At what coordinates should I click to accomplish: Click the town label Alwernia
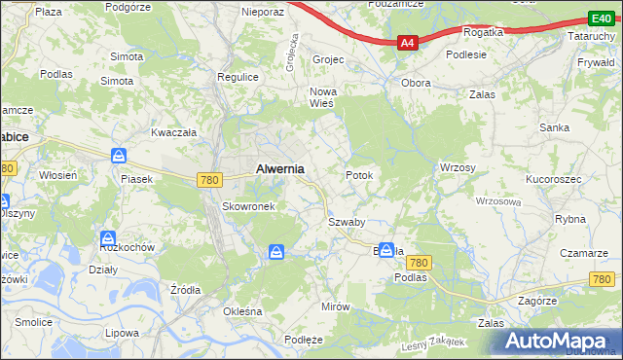point(279,168)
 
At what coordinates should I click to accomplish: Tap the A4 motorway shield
point(408,43)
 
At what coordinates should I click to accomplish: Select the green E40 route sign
point(600,18)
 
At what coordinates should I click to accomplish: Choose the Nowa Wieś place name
point(322,97)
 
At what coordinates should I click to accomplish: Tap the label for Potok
point(359,175)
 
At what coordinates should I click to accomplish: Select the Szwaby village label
point(346,222)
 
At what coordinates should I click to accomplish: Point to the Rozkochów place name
point(128,247)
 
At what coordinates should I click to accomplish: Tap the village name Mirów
point(335,306)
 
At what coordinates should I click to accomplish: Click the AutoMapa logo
point(558,340)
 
